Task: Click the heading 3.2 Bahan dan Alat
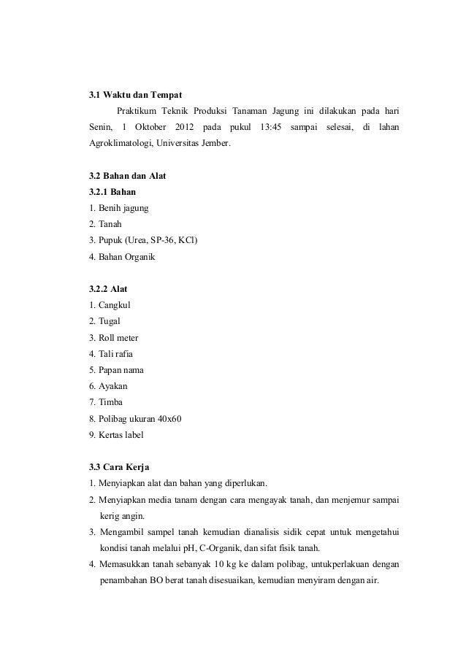coord(128,176)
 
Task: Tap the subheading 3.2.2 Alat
coord(108,289)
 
